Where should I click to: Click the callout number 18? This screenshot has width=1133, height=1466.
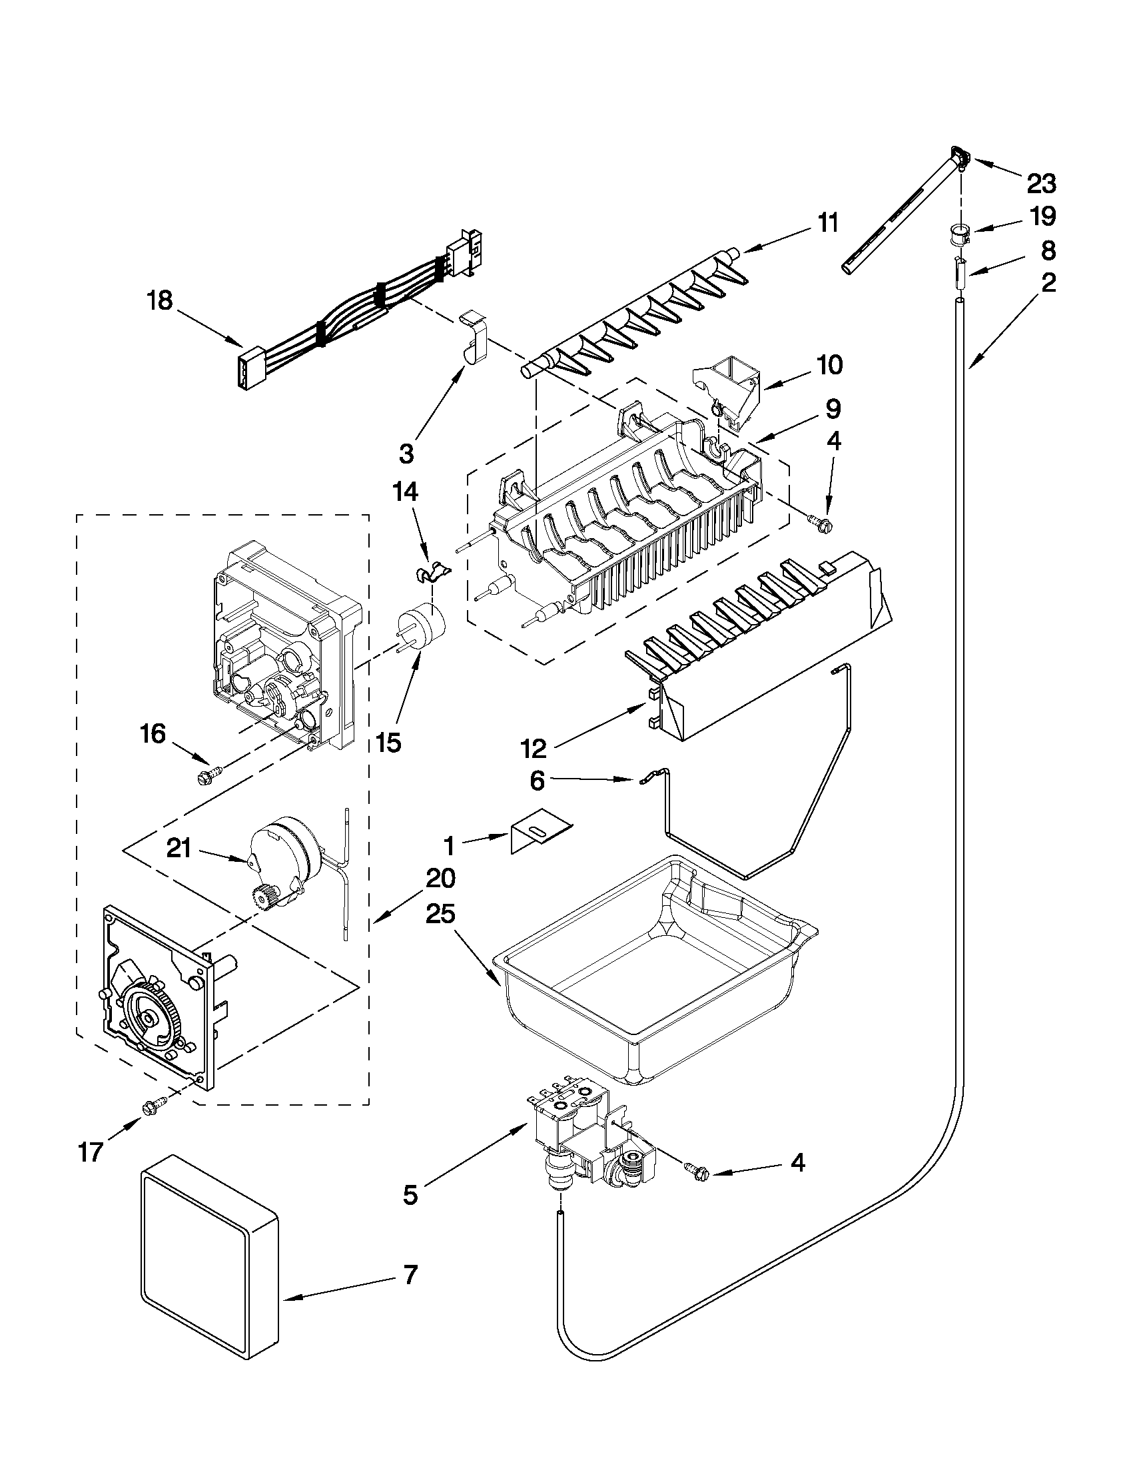click(160, 301)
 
